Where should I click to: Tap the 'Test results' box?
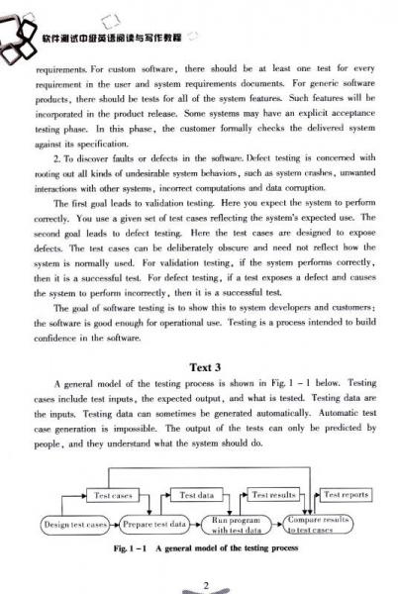(274, 495)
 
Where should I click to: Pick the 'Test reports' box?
(346, 495)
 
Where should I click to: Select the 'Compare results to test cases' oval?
(320, 525)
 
